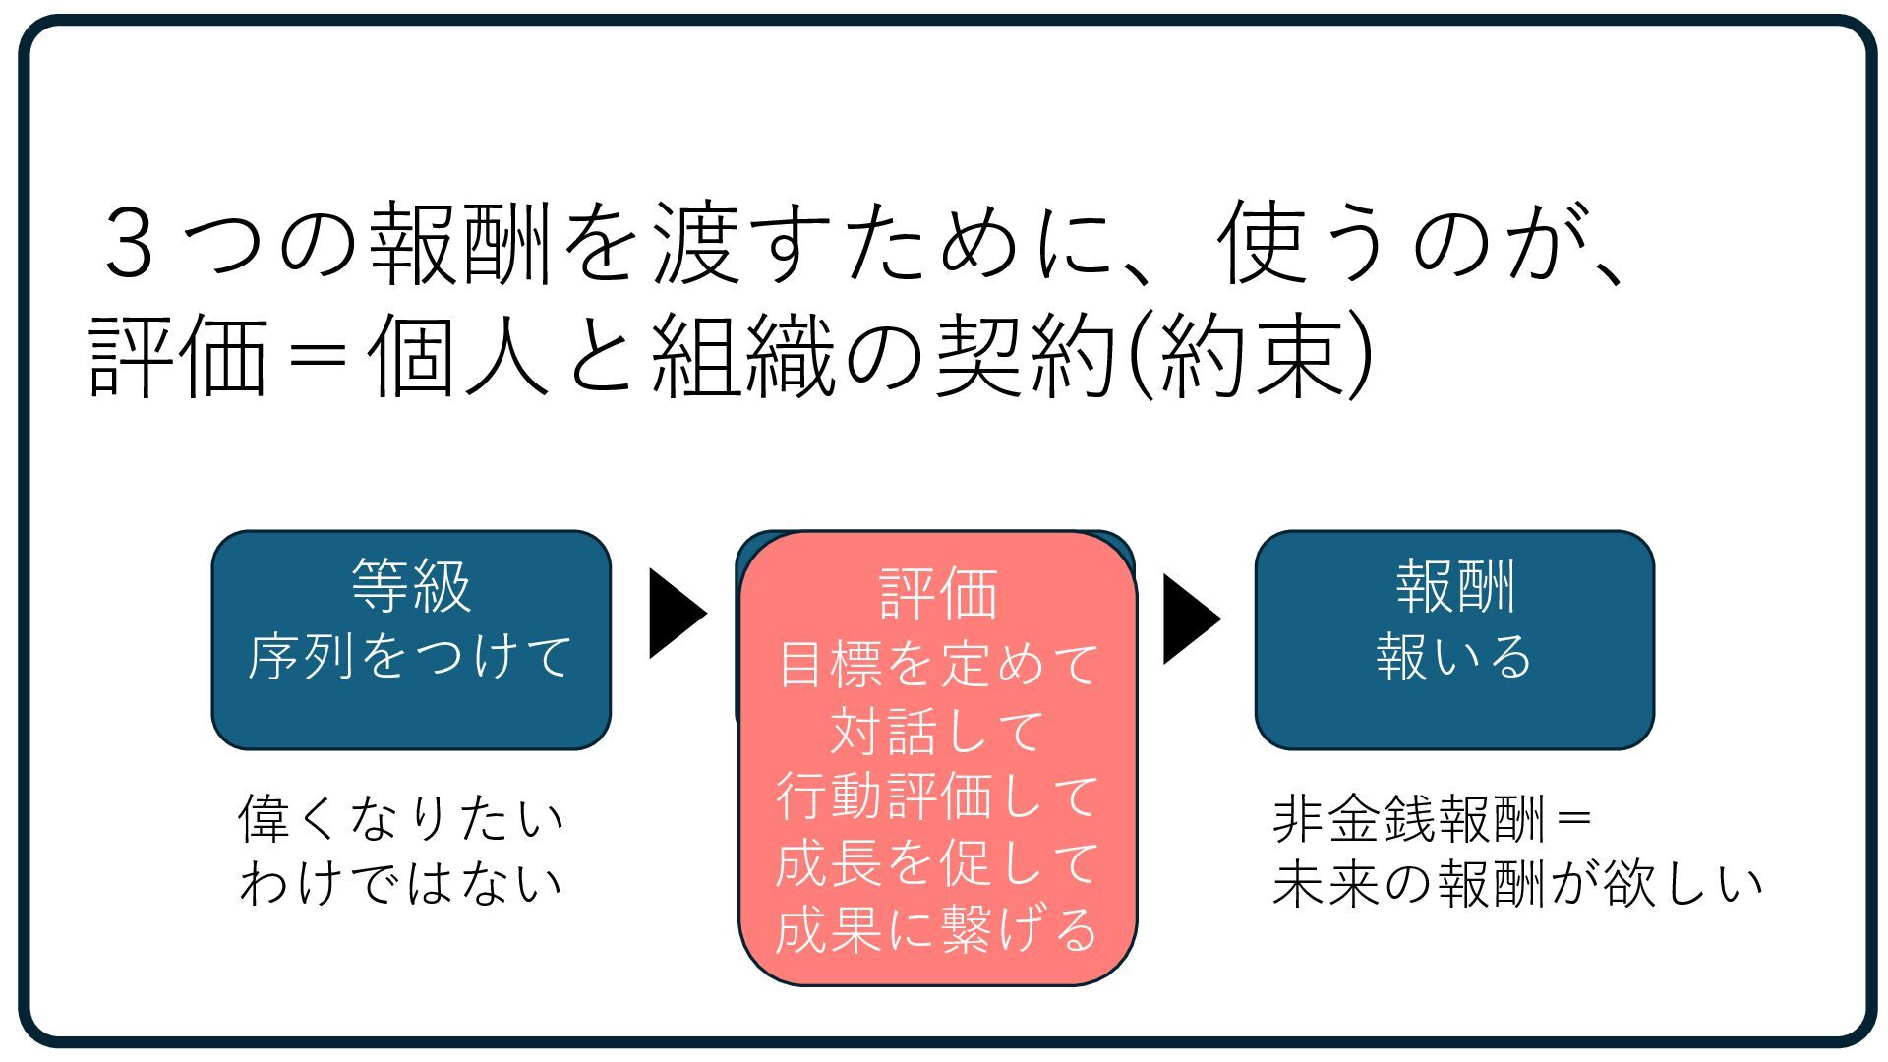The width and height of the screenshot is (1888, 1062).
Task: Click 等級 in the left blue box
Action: [411, 587]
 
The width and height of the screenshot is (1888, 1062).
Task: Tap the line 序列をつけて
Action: [410, 656]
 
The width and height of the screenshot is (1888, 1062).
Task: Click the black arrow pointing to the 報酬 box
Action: [1191, 619]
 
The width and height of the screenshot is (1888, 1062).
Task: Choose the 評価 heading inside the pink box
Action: [938, 594]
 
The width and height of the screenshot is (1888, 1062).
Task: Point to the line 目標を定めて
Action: [938, 664]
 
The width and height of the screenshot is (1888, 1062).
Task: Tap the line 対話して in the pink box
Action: [938, 731]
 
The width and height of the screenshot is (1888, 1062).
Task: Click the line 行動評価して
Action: [938, 796]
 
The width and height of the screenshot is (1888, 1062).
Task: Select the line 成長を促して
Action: [938, 863]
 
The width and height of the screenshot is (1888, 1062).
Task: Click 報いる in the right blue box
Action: [1454, 656]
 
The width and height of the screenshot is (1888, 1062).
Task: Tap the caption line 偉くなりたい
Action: [401, 818]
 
